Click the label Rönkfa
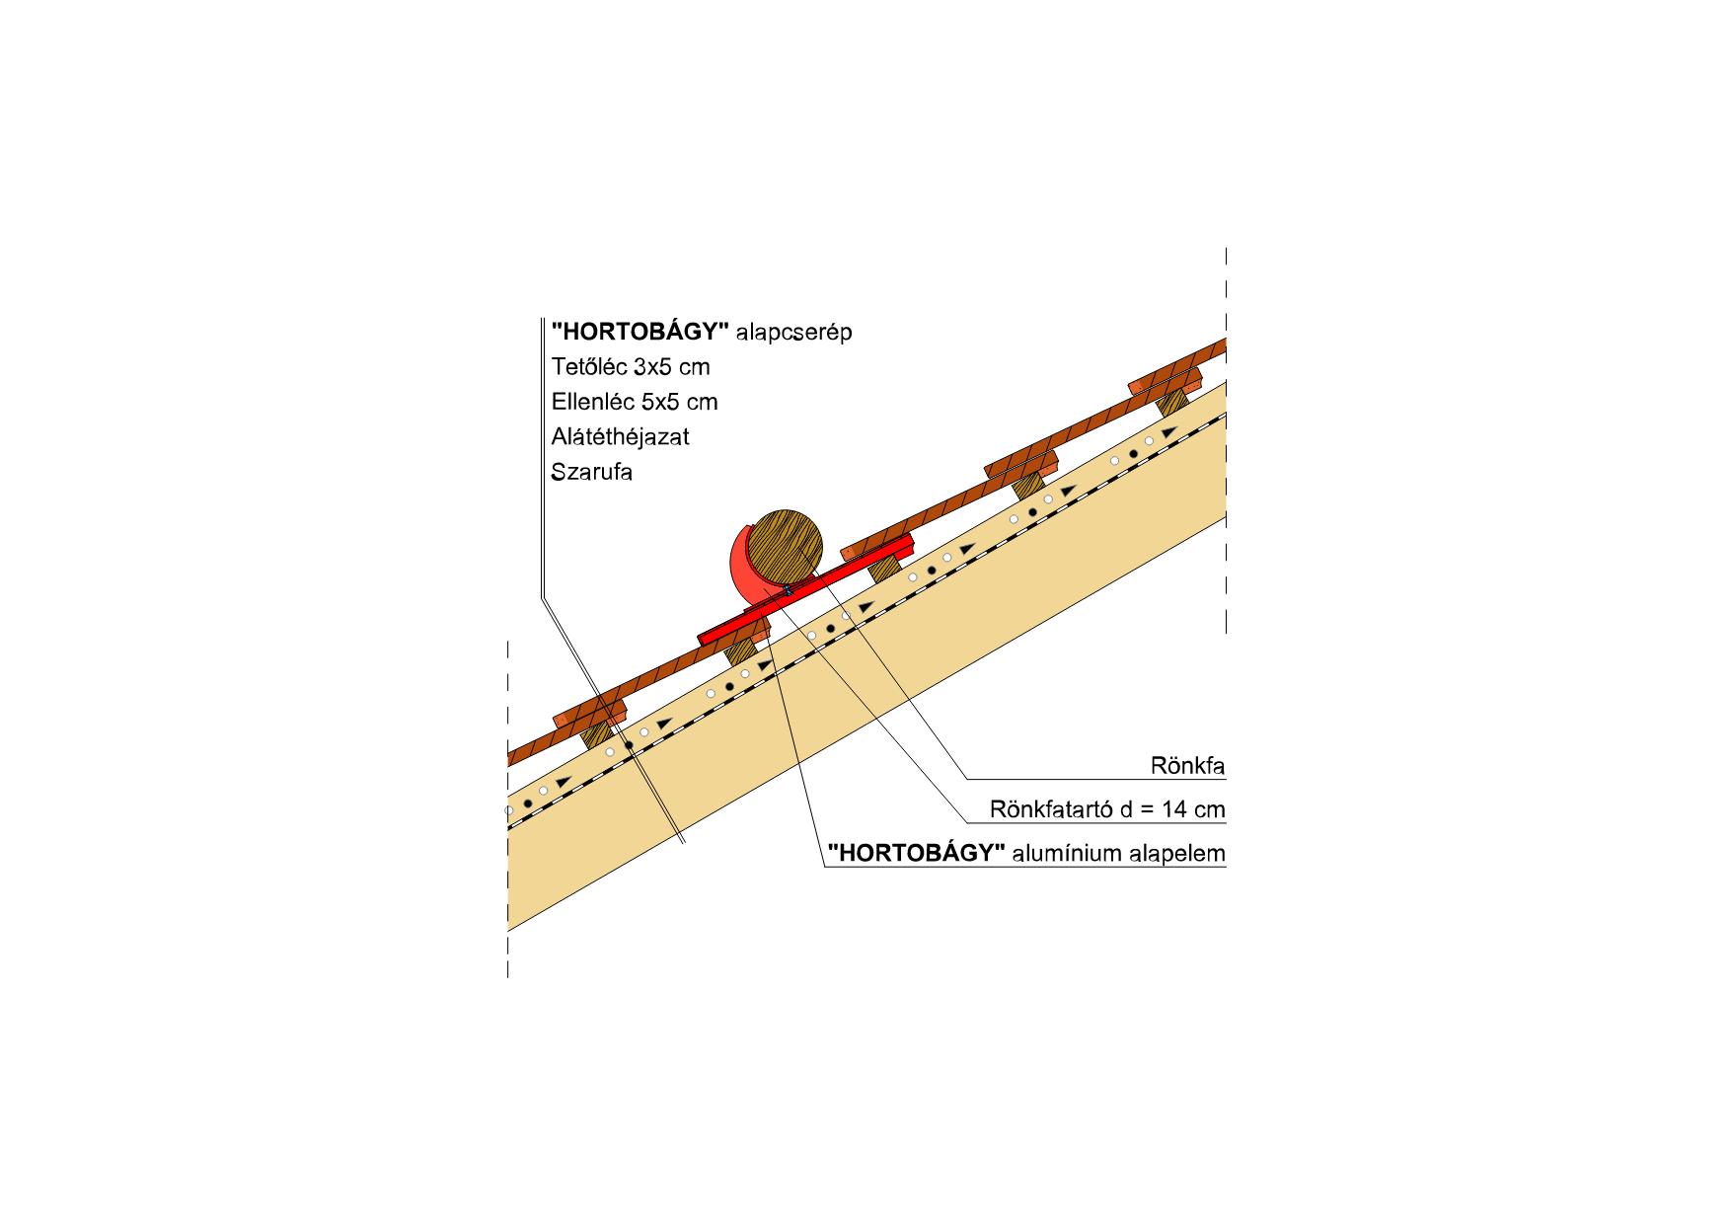[x=1187, y=766]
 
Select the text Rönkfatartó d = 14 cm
[x=1107, y=809]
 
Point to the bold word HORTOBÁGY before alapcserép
[x=640, y=332]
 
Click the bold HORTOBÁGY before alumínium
[x=916, y=853]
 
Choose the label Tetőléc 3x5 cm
[x=631, y=367]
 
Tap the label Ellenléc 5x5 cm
[x=635, y=402]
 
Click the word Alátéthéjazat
[x=620, y=436]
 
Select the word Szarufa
[x=591, y=472]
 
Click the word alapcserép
[x=793, y=332]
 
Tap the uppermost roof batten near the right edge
[x=1166, y=381]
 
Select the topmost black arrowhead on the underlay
[x=1168, y=432]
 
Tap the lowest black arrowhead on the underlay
[x=564, y=782]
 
